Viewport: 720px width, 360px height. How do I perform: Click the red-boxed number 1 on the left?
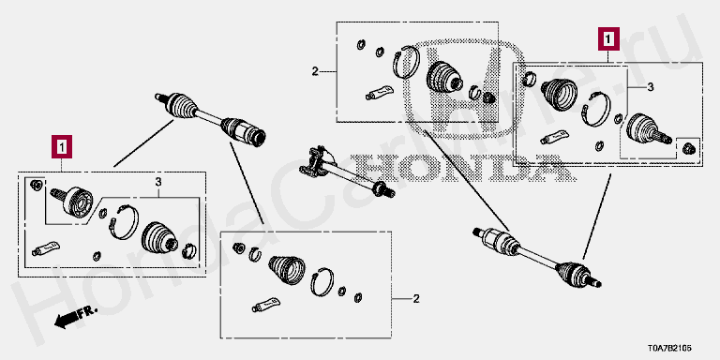62,146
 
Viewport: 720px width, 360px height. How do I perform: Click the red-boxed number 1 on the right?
608,38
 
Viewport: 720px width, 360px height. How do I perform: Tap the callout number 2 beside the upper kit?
315,71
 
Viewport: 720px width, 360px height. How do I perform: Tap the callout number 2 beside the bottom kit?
416,299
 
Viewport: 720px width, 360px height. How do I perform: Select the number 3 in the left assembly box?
158,182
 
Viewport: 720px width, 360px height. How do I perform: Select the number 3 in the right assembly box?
651,87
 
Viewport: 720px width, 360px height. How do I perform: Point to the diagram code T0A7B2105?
669,349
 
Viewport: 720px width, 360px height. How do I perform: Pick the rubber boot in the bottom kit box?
287,270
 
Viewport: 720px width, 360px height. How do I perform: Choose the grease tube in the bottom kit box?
265,305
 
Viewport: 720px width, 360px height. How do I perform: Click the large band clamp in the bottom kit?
322,281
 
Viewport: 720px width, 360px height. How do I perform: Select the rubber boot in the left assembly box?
159,237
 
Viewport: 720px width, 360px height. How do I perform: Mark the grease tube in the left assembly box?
46,247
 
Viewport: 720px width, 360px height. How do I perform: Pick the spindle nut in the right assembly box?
688,148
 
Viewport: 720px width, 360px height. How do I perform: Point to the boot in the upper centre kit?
445,78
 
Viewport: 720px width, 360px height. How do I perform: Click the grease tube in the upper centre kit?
380,93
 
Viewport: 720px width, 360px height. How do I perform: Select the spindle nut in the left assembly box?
36,185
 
